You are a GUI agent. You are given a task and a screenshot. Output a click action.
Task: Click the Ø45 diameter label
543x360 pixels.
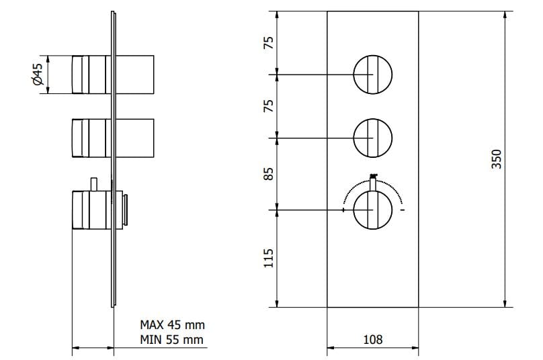tap(38, 74)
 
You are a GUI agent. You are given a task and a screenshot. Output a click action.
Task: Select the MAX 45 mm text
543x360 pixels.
tap(171, 325)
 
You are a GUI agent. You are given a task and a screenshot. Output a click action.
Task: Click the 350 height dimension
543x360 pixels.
tap(497, 159)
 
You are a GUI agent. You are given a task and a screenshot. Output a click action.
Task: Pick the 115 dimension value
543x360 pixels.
tap(268, 259)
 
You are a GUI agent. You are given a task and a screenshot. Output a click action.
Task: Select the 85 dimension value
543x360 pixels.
tap(268, 174)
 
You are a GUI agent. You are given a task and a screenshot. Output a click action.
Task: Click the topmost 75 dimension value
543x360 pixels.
tap(268, 42)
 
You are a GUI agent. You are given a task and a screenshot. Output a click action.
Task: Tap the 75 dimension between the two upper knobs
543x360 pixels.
tap(268, 105)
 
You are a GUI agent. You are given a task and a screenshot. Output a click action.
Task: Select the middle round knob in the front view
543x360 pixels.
tap(372, 138)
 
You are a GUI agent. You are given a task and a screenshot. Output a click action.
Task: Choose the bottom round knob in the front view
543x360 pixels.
tap(372, 210)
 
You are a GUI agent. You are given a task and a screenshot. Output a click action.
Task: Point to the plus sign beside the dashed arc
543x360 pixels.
tap(343, 210)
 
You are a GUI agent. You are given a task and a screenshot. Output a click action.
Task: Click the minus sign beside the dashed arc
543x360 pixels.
tap(402, 210)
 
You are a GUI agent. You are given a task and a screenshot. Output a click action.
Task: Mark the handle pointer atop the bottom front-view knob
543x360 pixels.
tap(373, 180)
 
